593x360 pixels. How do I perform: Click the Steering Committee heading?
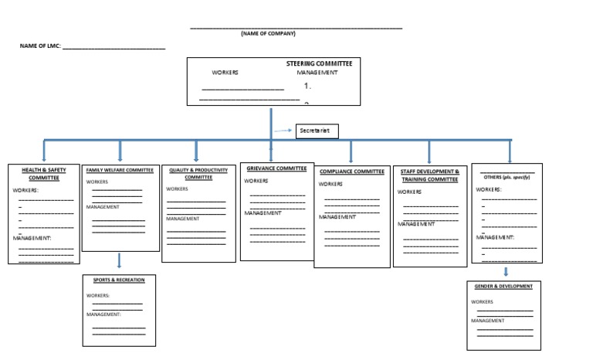point(318,63)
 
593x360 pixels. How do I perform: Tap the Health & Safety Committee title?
point(45,173)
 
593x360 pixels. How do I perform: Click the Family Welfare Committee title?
point(120,169)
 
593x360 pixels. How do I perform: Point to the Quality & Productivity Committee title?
point(198,173)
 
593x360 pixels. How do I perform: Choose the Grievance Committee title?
point(276,168)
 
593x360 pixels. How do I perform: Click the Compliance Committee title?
point(351,172)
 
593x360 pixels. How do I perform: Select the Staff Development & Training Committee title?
point(430,175)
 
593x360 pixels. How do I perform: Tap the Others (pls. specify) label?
point(507,177)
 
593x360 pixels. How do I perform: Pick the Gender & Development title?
point(505,287)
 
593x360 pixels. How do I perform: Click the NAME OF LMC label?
point(40,46)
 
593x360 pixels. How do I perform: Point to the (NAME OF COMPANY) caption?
point(268,33)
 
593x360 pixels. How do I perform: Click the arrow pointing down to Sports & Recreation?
point(120,261)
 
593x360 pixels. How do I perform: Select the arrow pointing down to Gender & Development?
point(506,272)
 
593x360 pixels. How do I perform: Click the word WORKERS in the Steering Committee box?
point(225,73)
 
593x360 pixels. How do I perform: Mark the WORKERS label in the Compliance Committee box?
point(330,185)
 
